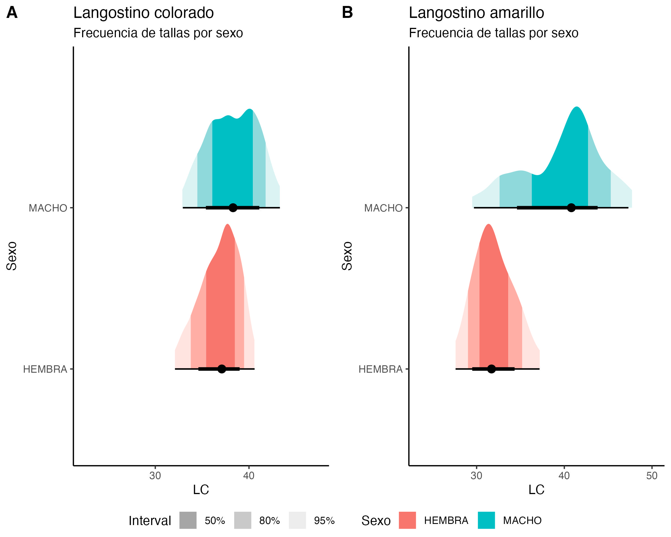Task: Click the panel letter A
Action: click(x=12, y=13)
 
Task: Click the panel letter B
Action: click(x=347, y=13)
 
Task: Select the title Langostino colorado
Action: click(x=143, y=13)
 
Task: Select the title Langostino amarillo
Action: click(x=476, y=13)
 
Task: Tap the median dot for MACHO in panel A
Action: click(x=233, y=208)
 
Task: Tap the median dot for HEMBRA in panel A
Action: click(x=222, y=369)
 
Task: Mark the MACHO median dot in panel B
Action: click(x=571, y=208)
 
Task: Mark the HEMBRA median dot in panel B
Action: click(x=491, y=369)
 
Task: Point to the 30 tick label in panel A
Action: click(x=155, y=476)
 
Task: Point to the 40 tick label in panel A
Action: click(x=249, y=476)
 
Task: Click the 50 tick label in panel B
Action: click(x=652, y=476)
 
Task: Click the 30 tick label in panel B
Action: click(x=476, y=476)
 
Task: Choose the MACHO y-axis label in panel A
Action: click(x=48, y=208)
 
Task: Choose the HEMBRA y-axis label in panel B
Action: click(x=381, y=369)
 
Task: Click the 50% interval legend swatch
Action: click(x=188, y=520)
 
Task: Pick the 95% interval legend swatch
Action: click(x=297, y=520)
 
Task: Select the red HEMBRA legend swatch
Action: click(x=407, y=520)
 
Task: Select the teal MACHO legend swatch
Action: click(x=486, y=520)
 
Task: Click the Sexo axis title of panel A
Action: click(x=12, y=256)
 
